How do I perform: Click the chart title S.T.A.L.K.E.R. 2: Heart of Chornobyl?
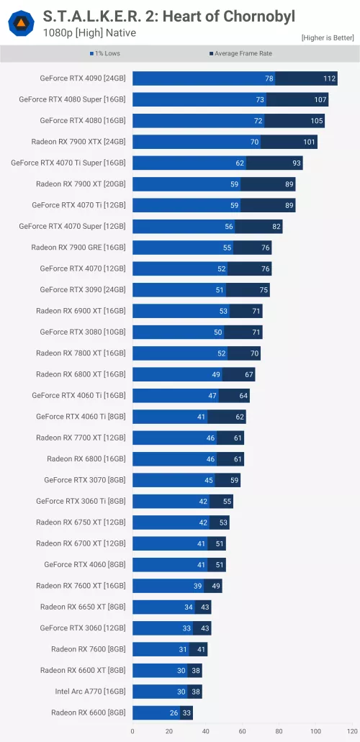pos(169,16)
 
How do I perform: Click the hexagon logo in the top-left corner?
pos(21,24)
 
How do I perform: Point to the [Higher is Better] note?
pos(328,37)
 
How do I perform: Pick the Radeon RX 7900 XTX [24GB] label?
pos(78,142)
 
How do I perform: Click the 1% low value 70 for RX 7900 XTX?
pos(254,142)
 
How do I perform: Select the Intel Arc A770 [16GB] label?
pos(91,692)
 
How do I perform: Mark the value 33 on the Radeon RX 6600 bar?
pos(186,712)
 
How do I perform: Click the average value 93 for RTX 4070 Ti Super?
pos(296,163)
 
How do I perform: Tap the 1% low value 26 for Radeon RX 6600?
pos(174,712)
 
